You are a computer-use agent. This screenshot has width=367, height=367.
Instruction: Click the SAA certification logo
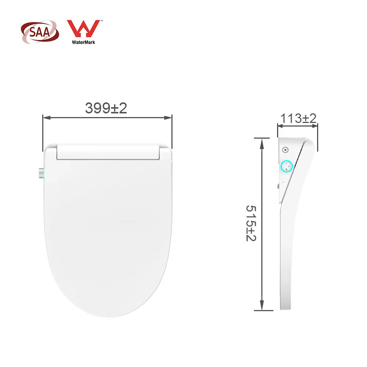39,32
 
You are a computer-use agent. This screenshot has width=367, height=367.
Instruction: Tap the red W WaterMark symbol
83,30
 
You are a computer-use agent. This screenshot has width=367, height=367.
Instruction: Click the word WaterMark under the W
83,42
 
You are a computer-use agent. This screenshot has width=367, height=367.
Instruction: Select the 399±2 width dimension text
106,108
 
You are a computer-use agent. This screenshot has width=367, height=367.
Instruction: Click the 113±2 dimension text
298,118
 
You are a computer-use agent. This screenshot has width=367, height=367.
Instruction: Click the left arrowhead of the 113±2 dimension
279,126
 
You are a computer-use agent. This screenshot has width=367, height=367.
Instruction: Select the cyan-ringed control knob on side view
287,167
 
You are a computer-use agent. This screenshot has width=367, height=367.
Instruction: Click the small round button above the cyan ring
285,150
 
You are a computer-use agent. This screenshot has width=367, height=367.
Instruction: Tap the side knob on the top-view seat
41,173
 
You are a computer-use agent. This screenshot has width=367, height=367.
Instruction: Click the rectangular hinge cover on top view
108,153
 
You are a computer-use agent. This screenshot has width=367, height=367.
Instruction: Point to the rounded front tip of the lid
108,316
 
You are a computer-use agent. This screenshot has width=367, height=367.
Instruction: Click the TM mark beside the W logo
101,21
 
